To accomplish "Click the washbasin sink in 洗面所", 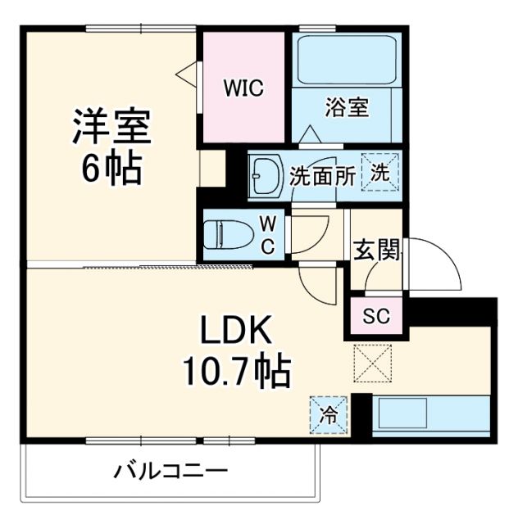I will coord(266,174).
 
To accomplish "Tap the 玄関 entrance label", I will coord(376,250).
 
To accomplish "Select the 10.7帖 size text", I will coord(236,373).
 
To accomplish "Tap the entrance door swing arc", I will coord(438,266).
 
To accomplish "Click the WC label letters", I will coord(268,235).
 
